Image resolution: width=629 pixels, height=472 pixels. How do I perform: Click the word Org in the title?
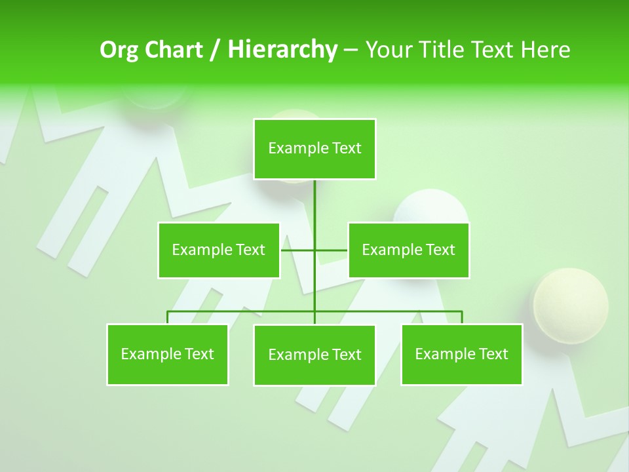pos(120,50)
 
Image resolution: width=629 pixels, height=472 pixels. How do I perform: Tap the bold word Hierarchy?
pos(282,50)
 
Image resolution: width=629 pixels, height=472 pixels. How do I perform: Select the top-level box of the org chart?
pos(314,149)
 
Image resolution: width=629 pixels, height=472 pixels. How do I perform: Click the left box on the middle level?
pos(219,250)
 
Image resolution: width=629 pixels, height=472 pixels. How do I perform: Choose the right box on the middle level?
pos(408,250)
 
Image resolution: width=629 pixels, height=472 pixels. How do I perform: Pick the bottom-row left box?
pos(168,355)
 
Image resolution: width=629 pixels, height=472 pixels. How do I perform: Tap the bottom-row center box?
pos(314,355)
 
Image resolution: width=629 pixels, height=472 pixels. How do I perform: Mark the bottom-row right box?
pos(462,355)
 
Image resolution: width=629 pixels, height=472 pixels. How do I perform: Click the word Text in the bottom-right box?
pos(493,355)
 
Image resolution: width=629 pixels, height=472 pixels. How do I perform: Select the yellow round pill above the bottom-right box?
pos(569,303)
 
